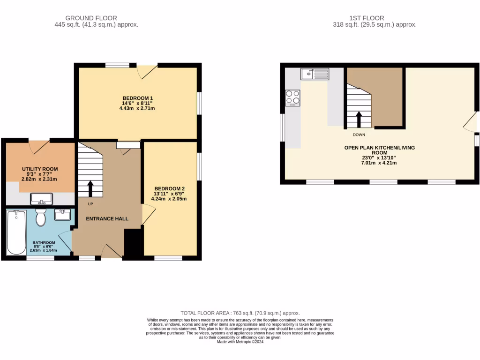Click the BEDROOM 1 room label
click(137, 98)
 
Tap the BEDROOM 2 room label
click(169, 188)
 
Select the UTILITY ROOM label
click(40, 169)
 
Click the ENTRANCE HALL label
click(107, 219)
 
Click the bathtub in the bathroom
click(16, 232)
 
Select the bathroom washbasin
click(62, 215)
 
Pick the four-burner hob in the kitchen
click(293, 97)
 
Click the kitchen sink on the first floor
click(315, 73)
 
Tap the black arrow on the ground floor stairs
click(90, 188)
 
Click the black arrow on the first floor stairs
click(359, 119)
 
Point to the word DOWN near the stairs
click(359, 135)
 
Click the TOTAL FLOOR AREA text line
click(240, 313)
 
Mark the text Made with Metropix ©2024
click(240, 342)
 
